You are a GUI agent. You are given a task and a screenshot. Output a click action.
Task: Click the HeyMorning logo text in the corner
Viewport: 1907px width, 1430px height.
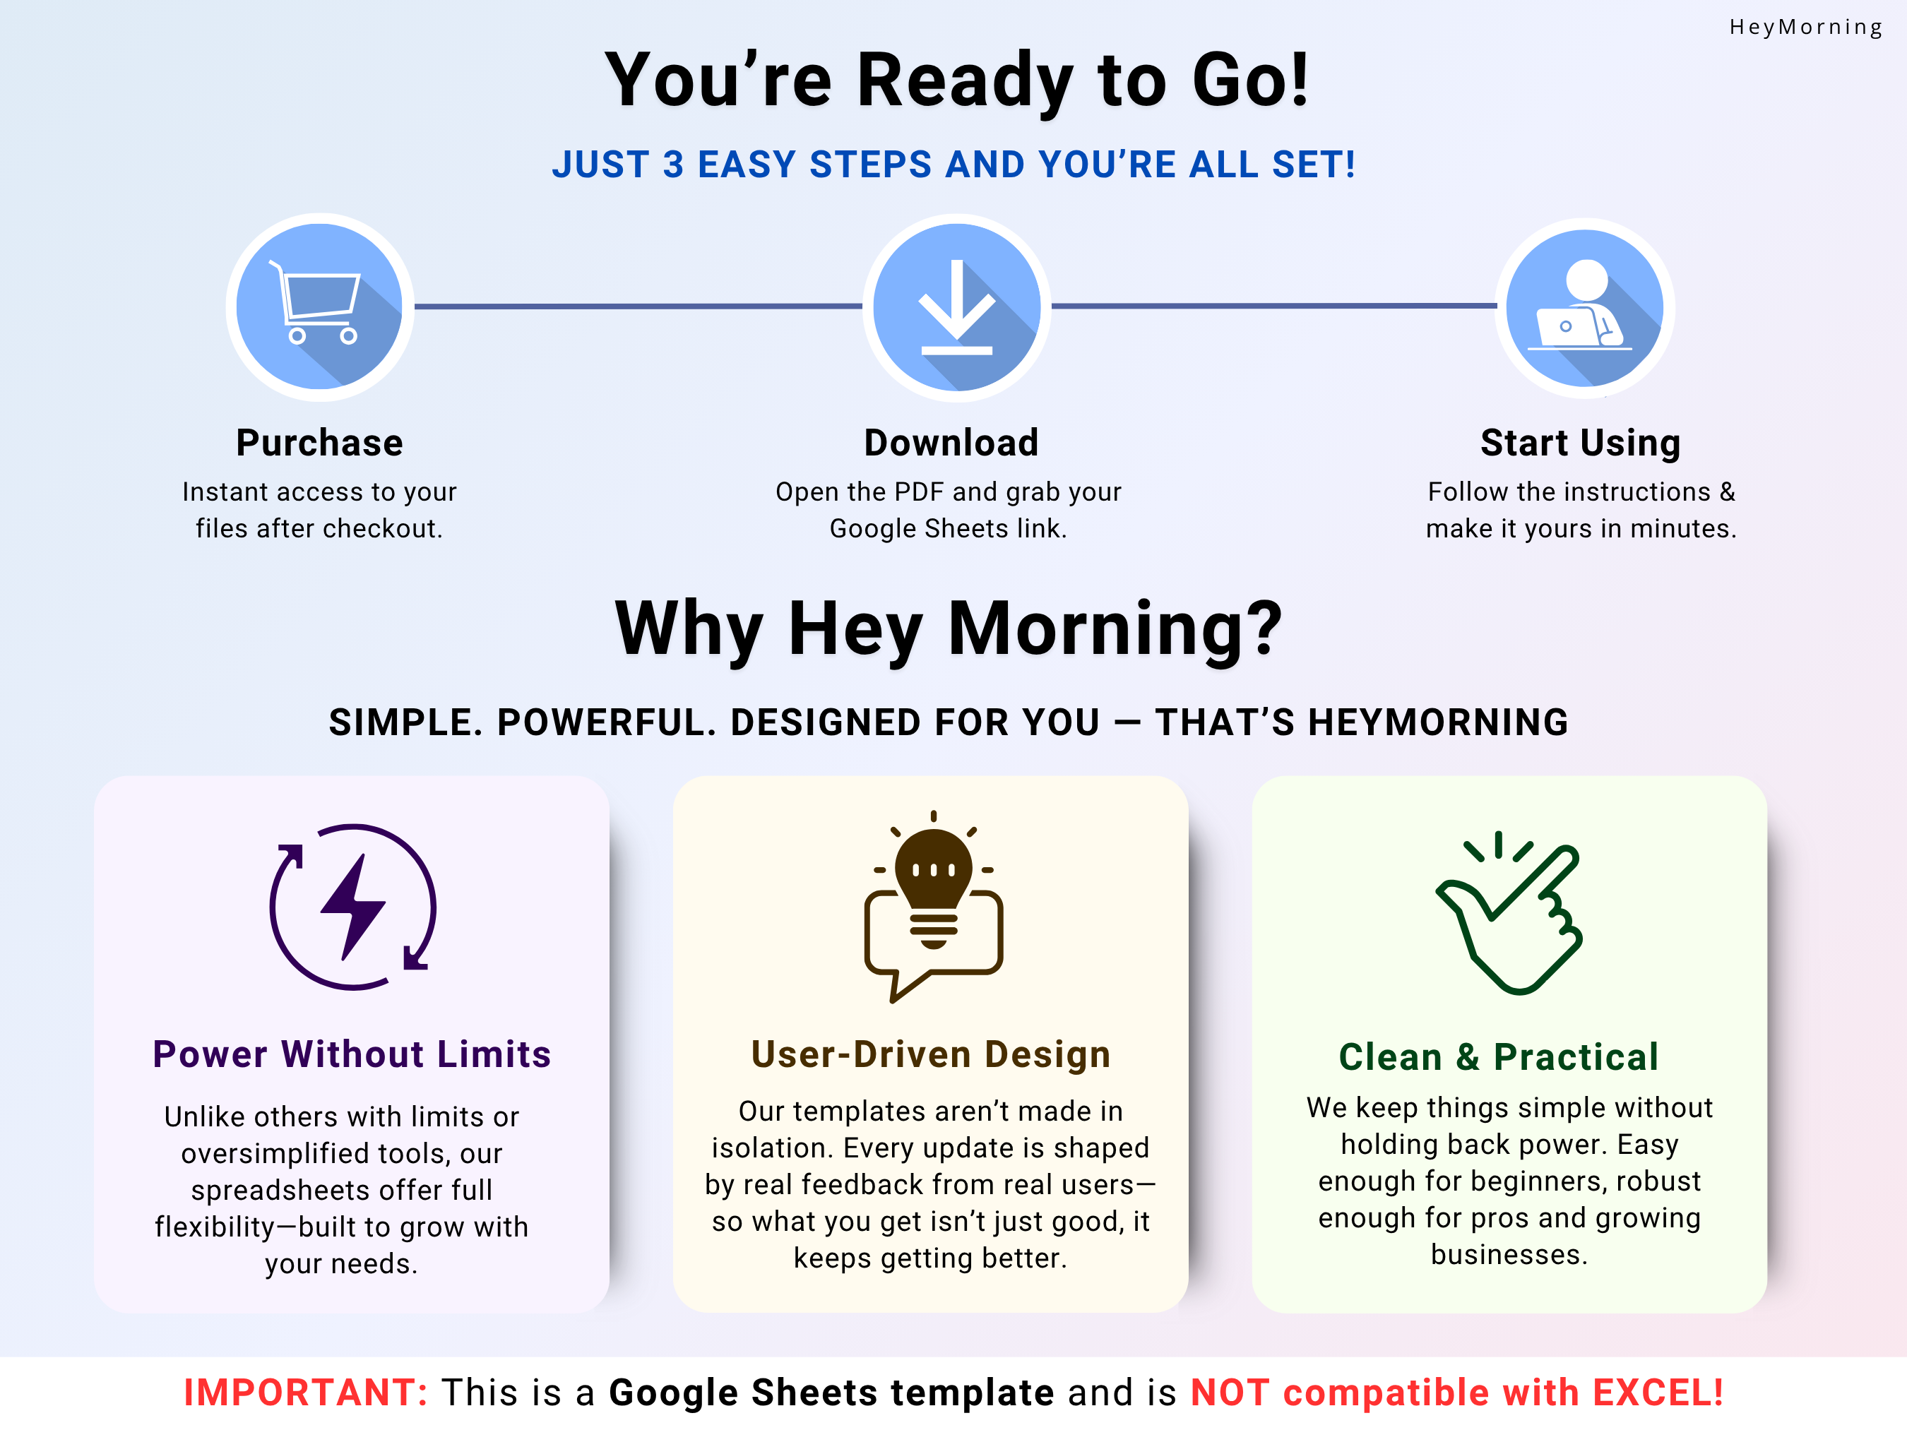[1805, 28]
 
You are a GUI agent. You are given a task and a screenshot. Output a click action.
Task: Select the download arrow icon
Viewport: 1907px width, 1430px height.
[956, 308]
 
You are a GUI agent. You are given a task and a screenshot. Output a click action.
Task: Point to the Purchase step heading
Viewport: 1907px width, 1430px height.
[319, 443]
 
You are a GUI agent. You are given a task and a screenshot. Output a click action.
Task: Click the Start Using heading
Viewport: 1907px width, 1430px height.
[1580, 443]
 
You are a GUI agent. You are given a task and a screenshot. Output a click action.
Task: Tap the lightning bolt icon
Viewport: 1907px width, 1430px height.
[352, 907]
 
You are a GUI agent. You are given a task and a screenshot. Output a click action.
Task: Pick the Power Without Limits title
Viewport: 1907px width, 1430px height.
[352, 1054]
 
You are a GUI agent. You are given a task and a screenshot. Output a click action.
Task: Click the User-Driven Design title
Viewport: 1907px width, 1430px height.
[930, 1054]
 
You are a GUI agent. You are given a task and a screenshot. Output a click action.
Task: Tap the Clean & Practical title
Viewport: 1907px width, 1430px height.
[1498, 1056]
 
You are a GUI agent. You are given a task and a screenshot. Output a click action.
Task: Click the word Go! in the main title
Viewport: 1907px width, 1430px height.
[1250, 81]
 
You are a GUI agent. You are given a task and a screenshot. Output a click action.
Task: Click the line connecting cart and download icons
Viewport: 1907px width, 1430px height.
[638, 306]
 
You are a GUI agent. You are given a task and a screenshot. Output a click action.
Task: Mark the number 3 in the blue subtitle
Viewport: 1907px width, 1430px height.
[672, 165]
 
